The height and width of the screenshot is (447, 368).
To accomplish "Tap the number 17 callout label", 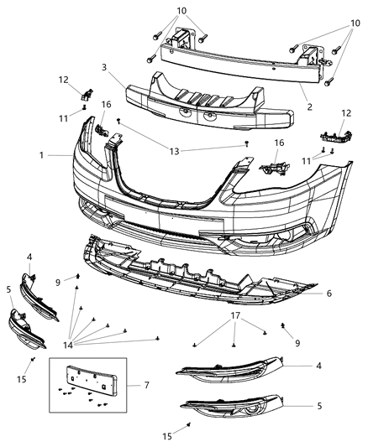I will (234, 317).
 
